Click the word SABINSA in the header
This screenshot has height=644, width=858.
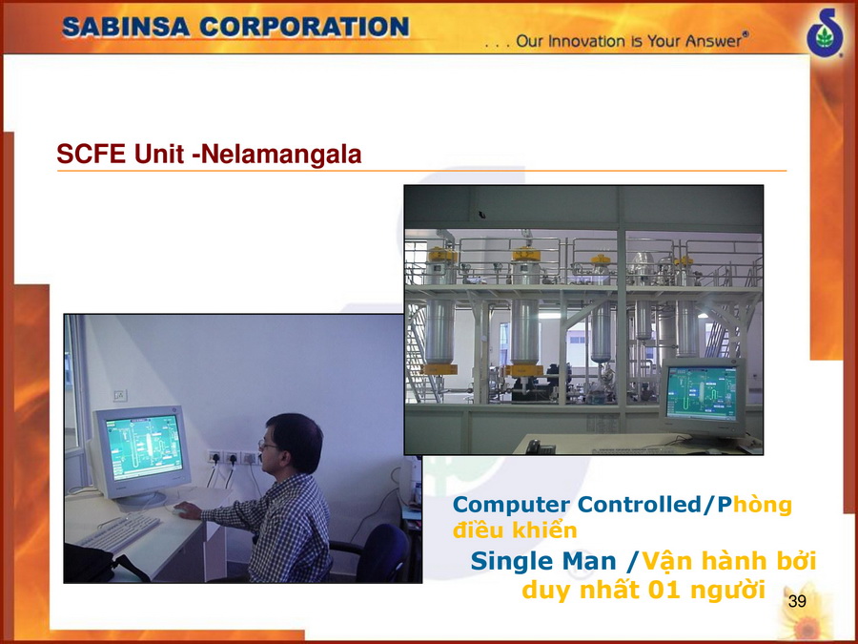[126, 27]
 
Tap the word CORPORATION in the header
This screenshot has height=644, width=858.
[304, 27]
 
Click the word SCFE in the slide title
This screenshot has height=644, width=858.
[91, 154]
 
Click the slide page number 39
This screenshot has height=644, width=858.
[797, 601]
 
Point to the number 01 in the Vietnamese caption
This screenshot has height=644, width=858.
[664, 590]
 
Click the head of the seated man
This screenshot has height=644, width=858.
[291, 443]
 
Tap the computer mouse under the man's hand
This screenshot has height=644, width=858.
[179, 510]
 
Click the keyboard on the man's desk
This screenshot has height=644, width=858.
[120, 532]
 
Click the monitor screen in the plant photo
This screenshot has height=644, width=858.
[702, 393]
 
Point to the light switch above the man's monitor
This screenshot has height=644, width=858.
[120, 395]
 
